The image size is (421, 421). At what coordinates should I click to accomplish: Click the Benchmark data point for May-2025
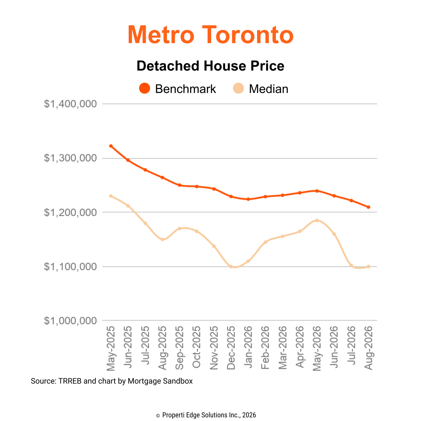tap(111, 146)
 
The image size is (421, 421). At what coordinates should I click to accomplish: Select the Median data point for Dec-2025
tap(231, 267)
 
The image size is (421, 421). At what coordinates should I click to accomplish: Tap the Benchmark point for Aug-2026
tap(368, 207)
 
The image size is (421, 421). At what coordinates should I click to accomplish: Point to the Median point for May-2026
tap(317, 220)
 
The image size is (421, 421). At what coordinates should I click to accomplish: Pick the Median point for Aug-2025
tap(162, 239)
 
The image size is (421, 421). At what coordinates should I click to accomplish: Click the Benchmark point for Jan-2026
tap(248, 199)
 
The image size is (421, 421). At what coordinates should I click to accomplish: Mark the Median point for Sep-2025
tap(180, 229)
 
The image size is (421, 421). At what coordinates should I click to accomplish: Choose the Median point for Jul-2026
tap(351, 266)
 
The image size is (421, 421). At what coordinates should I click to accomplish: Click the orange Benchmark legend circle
tap(145, 88)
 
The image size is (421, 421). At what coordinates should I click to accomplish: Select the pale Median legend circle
tap(238, 88)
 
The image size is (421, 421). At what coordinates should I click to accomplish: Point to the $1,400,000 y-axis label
tap(70, 104)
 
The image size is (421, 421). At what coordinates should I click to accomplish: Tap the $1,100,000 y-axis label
tap(70, 267)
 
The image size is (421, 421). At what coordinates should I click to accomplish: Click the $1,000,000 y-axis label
tap(70, 321)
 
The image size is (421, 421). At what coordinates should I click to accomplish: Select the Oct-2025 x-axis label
tap(196, 347)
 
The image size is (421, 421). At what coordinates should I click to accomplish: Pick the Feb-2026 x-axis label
tap(265, 347)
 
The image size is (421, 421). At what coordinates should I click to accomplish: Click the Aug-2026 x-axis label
tap(368, 348)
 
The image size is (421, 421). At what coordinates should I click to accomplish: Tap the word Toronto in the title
tap(248, 35)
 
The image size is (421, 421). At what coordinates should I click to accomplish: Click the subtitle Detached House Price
tap(210, 66)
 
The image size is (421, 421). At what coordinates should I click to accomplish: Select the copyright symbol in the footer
tap(158, 416)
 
